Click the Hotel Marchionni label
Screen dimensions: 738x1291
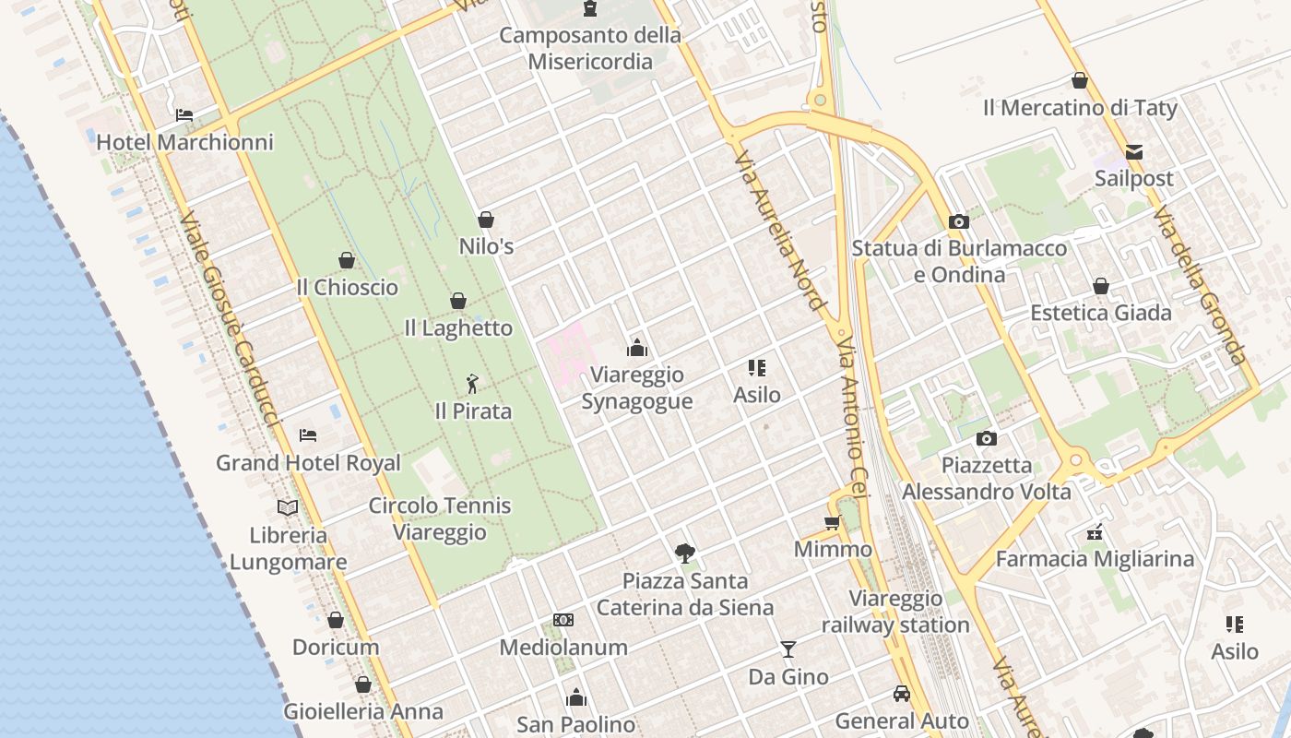pyautogui.click(x=184, y=142)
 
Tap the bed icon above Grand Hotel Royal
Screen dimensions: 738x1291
pyautogui.click(x=308, y=434)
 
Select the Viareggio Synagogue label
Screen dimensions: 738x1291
pyautogui.click(x=636, y=388)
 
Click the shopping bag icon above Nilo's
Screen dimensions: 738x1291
pyautogui.click(x=485, y=220)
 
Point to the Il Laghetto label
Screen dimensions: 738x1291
pyautogui.click(x=458, y=327)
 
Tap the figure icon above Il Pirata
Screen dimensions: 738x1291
pyautogui.click(x=472, y=383)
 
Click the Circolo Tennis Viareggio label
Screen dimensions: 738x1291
pyautogui.click(x=440, y=518)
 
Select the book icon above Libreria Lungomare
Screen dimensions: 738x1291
pyautogui.click(x=288, y=507)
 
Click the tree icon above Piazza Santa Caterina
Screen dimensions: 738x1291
pyautogui.click(x=684, y=553)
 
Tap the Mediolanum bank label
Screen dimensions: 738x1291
pyautogui.click(x=563, y=648)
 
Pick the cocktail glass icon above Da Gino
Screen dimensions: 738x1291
pyautogui.click(x=788, y=649)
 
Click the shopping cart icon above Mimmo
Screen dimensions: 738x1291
pyautogui.click(x=832, y=523)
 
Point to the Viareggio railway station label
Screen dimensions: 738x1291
pyautogui.click(x=895, y=612)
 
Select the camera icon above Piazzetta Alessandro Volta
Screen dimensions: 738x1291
pyautogui.click(x=986, y=438)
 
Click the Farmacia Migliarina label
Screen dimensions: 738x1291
pyautogui.click(x=1095, y=559)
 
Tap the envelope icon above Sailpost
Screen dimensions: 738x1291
pyautogui.click(x=1133, y=151)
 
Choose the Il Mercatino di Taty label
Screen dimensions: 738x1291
pyautogui.click(x=1080, y=108)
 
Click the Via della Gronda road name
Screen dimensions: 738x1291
pyautogui.click(x=1199, y=285)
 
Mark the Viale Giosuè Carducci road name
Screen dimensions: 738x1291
pyautogui.click(x=229, y=321)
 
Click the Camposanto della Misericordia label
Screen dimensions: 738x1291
pyautogui.click(x=590, y=48)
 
